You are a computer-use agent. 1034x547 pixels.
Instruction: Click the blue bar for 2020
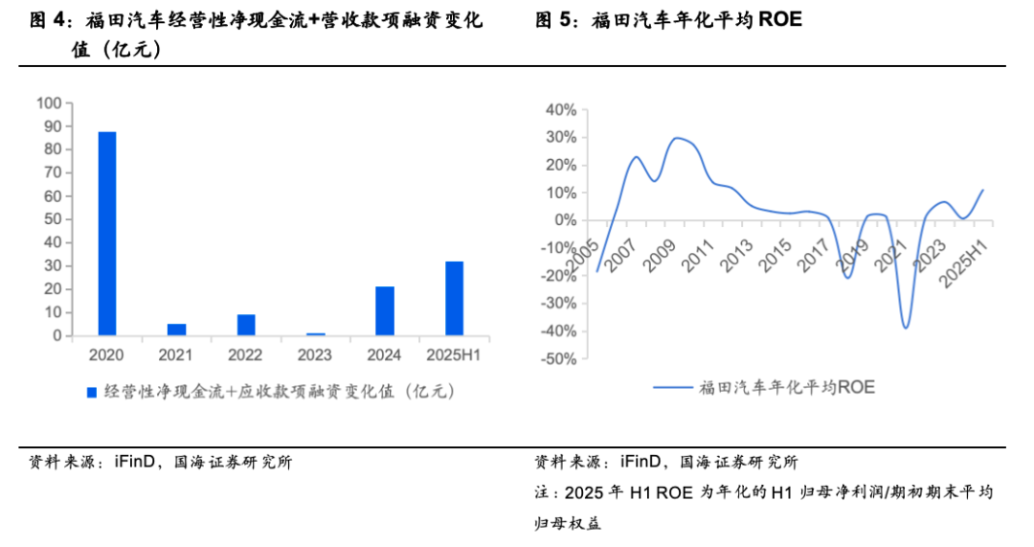coord(106,234)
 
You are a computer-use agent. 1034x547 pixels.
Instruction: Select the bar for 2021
coord(176,330)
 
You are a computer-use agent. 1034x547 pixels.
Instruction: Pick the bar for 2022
coord(246,325)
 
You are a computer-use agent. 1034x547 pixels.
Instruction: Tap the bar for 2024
coord(385,311)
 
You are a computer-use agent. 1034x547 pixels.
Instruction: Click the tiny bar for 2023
coord(316,334)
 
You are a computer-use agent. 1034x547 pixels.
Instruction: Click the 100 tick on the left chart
coord(49,103)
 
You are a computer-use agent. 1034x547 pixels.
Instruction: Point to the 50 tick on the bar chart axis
coord(53,219)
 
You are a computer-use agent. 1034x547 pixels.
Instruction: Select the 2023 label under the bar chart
coord(316,356)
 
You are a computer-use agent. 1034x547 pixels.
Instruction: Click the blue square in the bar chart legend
coord(93,392)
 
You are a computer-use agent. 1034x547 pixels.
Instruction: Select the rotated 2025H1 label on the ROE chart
coord(963,257)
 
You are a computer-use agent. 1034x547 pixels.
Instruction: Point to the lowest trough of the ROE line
coord(905,328)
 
